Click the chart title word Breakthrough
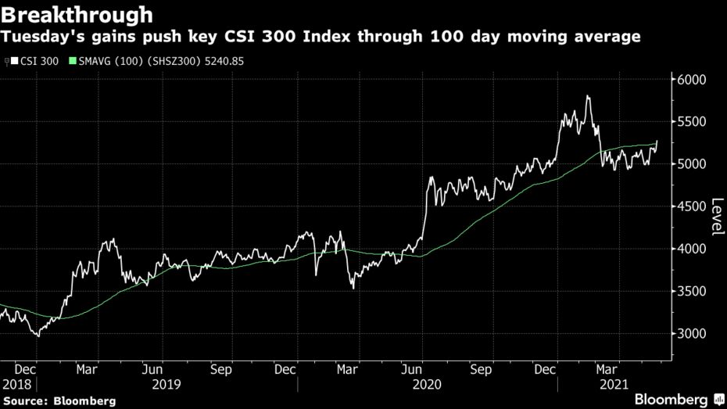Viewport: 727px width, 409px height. coord(77,14)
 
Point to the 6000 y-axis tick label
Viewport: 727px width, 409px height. coord(691,80)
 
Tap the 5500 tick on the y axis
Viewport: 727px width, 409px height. coord(691,122)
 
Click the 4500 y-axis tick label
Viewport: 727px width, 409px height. coord(691,206)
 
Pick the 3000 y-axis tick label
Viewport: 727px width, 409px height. coord(691,334)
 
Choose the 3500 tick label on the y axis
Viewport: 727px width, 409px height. coord(691,292)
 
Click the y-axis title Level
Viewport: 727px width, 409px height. coord(716,217)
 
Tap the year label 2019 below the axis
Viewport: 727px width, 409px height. coord(166,384)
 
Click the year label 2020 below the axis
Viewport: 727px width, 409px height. coord(427,384)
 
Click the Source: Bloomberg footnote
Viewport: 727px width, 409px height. coord(59,400)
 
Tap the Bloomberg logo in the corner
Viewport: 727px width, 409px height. coord(675,399)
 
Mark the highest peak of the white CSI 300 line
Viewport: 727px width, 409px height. coord(587,96)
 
